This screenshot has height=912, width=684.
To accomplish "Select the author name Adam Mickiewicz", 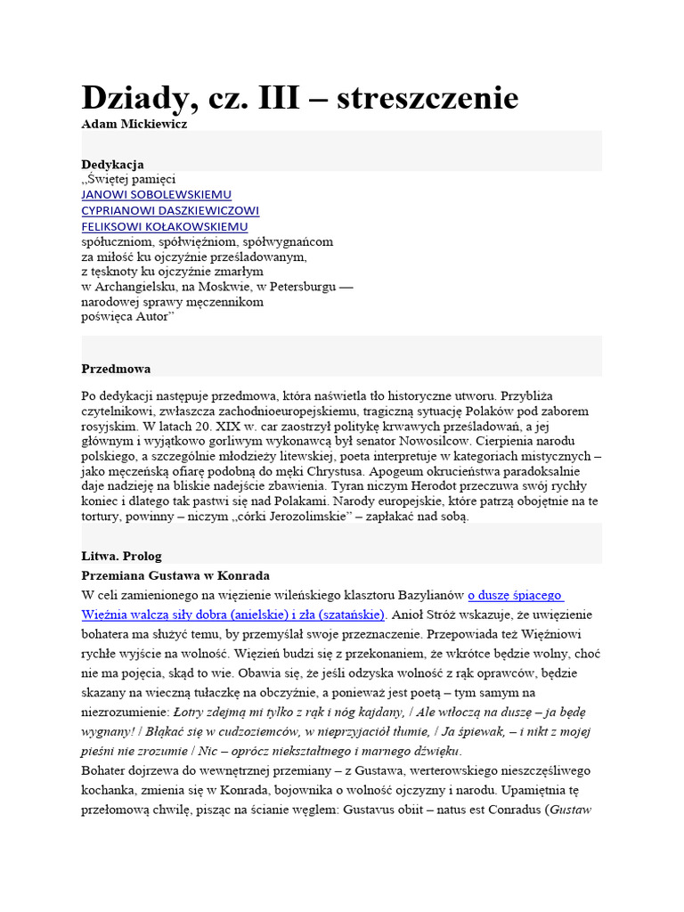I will (134, 124).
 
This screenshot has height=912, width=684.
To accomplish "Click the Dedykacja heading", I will (113, 164).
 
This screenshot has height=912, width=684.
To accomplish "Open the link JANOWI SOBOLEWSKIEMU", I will (156, 194).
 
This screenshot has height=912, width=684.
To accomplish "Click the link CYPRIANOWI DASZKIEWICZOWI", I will (170, 210).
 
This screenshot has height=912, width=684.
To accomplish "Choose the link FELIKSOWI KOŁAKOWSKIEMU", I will (165, 226).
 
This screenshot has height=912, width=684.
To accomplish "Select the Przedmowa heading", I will (116, 368).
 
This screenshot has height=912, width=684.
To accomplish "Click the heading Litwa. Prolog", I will (122, 556).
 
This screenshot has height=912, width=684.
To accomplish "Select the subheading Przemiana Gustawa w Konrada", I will (175, 575).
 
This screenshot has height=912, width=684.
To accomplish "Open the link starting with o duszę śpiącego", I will (516, 594).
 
